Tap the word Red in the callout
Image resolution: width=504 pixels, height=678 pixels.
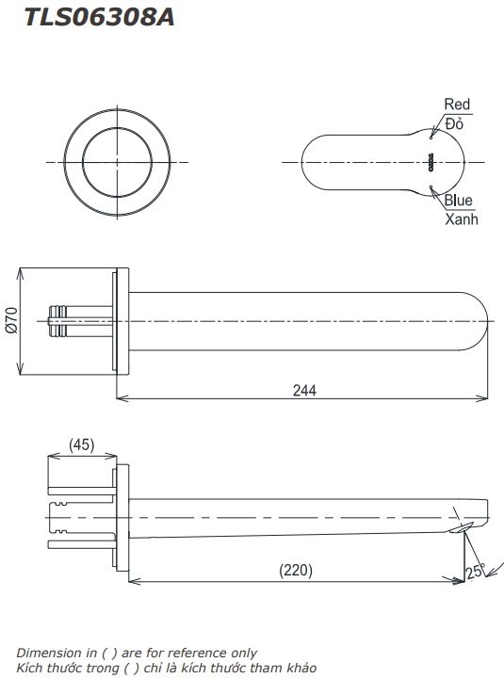(457, 105)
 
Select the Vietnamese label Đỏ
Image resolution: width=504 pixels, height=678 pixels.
(454, 123)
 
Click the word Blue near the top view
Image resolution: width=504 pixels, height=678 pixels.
(459, 200)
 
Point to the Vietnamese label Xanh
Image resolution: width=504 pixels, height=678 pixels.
(462, 218)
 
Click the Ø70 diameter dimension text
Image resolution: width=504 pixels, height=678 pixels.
(11, 322)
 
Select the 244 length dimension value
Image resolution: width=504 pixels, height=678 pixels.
(303, 389)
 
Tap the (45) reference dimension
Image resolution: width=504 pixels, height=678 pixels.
(82, 444)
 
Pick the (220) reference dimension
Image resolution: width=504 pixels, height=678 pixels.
(296, 571)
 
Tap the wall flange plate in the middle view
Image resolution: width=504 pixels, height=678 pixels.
(119, 322)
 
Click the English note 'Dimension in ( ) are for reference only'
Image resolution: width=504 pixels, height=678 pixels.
(136, 652)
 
